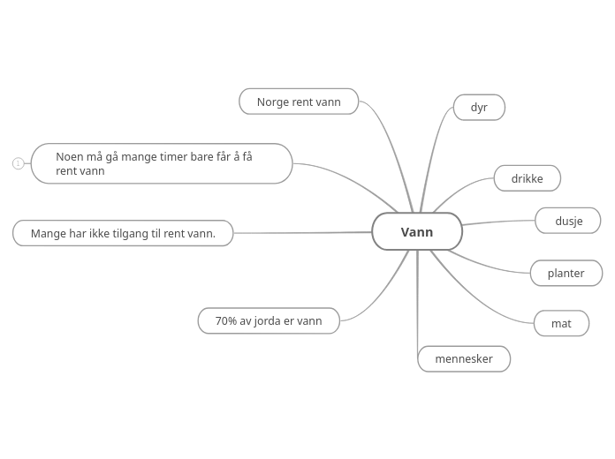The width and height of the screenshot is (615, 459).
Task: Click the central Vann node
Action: tap(417, 231)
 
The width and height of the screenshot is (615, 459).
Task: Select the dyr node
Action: tap(479, 107)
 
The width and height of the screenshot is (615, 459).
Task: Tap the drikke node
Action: tap(527, 178)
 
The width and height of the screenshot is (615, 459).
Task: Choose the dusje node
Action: tap(568, 221)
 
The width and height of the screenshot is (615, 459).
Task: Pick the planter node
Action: tap(566, 273)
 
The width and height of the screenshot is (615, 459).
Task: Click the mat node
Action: tap(561, 323)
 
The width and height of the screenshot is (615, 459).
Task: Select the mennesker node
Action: tap(464, 358)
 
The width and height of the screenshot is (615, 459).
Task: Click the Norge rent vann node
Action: tap(299, 102)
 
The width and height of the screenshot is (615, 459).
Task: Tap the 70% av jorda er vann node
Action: tap(269, 320)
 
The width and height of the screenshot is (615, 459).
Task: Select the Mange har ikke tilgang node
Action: tap(123, 233)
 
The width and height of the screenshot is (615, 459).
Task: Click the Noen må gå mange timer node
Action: tap(162, 163)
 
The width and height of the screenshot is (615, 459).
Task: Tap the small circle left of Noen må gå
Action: tap(18, 163)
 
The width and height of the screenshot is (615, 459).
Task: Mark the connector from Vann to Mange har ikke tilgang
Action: tap(300, 233)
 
